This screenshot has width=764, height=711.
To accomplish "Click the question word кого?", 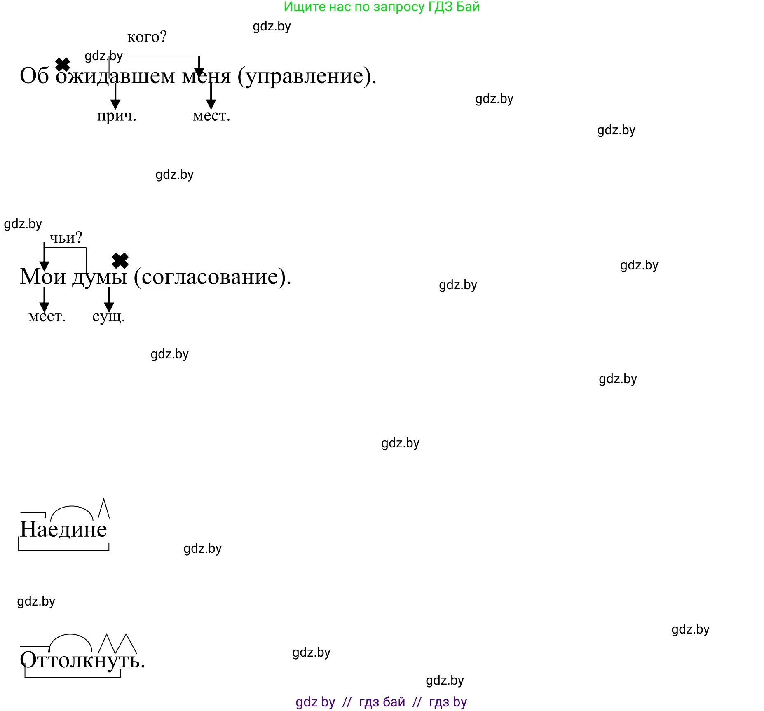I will point(147,37).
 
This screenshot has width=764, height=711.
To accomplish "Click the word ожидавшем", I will point(115,76).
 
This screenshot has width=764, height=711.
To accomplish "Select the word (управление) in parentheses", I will point(307,76).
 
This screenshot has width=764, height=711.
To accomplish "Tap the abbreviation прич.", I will point(117,116).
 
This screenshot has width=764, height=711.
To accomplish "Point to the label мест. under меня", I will point(211,116).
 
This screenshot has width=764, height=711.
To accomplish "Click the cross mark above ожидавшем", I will point(63,64).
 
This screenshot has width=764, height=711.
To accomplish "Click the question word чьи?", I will point(66,238).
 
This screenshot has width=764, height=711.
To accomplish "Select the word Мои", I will point(43,276).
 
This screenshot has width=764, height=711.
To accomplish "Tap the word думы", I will point(100,277).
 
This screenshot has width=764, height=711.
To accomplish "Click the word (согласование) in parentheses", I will point(213,277).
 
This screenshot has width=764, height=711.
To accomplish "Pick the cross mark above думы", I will point(120,261).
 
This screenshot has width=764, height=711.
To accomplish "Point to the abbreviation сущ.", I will point(108,316).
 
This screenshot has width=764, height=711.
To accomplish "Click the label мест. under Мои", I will point(47,316).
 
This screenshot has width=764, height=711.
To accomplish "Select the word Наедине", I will point(63,529).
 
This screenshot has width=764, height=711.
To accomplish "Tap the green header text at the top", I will point(382,7).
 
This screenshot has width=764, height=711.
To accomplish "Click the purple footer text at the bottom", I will point(381,702).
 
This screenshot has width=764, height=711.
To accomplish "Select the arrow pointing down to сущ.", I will point(109,300).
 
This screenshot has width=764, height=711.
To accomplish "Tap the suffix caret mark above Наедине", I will point(104,508).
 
